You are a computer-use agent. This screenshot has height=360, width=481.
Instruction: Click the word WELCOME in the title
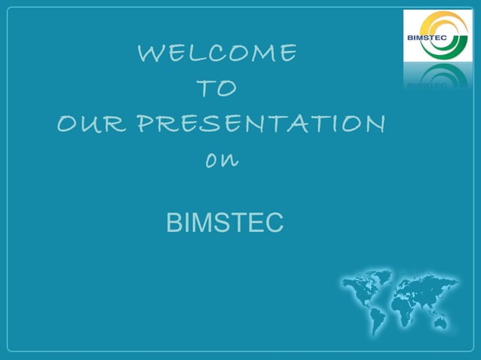coord(217,53)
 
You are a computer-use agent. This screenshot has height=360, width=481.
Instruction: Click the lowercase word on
coord(219,160)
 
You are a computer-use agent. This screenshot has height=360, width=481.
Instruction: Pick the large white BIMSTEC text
coord(225,223)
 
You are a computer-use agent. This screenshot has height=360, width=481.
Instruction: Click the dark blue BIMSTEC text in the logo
coord(427,36)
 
